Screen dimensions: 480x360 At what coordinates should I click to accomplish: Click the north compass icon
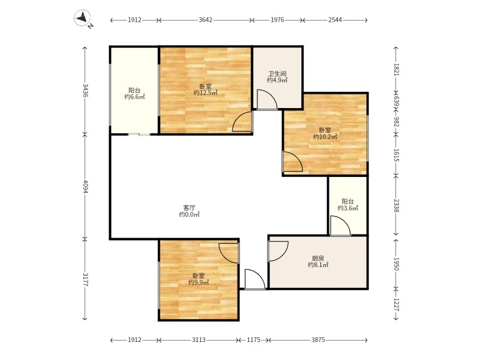coord(82,19)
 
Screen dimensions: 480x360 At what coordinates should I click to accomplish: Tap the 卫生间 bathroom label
coord(277,74)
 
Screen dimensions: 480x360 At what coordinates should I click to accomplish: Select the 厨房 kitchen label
coord(318,259)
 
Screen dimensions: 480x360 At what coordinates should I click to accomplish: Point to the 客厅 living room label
coord(189,208)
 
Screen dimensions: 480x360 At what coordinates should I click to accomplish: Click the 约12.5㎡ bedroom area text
coord(205,93)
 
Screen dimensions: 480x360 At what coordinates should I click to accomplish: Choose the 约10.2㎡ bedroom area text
coord(325,137)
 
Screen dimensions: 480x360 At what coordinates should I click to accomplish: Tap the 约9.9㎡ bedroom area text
coord(199,282)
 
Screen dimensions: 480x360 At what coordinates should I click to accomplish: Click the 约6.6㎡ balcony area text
coord(134,97)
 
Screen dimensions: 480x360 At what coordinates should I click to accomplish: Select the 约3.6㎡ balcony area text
coord(348,208)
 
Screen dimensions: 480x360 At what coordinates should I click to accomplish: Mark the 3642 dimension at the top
coord(205,20)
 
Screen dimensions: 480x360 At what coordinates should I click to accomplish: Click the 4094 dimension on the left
coord(85,186)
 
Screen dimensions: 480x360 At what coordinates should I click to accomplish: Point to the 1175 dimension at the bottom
coord(253,340)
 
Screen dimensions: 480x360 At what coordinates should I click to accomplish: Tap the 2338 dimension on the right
coord(396,205)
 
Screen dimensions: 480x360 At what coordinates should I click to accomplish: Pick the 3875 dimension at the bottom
coord(318,340)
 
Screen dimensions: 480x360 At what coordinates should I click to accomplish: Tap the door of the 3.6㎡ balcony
coord(340,226)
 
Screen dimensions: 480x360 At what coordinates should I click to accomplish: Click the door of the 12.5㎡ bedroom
coord(242,122)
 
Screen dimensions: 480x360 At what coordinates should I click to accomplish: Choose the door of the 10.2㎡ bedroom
coord(292,161)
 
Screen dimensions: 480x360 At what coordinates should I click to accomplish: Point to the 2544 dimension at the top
coord(335,20)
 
